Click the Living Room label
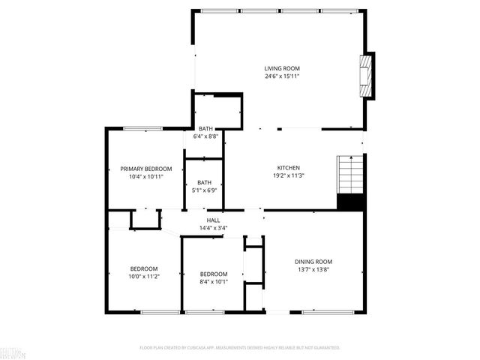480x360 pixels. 282,68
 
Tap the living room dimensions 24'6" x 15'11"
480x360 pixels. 282,76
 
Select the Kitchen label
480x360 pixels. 289,167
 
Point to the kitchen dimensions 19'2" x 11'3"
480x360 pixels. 289,175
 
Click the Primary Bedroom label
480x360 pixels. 146,169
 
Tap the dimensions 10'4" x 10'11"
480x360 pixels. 146,177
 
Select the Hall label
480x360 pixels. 214,220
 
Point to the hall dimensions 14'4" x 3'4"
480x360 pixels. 214,228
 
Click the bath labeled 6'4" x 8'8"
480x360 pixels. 205,129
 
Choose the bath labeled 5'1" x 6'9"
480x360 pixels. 204,182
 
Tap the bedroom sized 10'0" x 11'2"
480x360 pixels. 144,268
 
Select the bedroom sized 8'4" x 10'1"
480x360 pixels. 212,274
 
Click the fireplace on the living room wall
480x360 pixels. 367,76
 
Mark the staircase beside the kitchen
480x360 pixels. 350,174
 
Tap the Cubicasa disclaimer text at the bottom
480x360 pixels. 240,348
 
